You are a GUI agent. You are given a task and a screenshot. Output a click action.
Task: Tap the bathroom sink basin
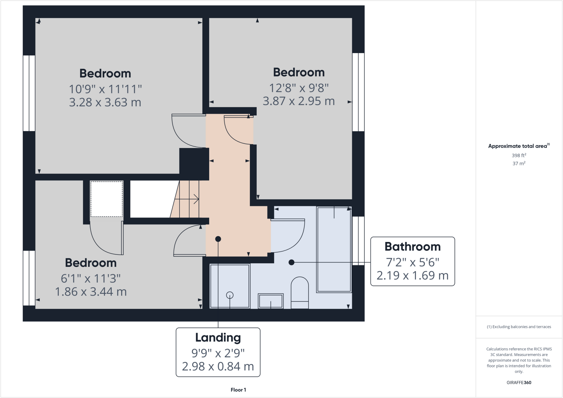pyautogui.click(x=271, y=301)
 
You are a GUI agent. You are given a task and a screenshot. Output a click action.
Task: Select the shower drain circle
pyautogui.click(x=230, y=295)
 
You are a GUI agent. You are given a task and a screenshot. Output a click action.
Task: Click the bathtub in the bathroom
pyautogui.click(x=334, y=249)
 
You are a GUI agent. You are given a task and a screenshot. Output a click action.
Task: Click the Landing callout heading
pyautogui.click(x=218, y=338)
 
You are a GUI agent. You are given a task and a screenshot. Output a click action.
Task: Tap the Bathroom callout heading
pyautogui.click(x=412, y=247)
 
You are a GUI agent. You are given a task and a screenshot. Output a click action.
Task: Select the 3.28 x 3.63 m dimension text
pyautogui.click(x=105, y=102)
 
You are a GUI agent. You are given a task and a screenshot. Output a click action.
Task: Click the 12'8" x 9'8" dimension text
pyautogui.click(x=299, y=88)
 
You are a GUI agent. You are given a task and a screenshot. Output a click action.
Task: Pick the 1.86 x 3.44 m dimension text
pyautogui.click(x=91, y=292)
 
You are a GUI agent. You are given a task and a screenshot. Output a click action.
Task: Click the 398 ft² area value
pyautogui.click(x=519, y=155)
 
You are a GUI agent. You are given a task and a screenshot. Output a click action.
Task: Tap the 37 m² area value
pyautogui.click(x=519, y=163)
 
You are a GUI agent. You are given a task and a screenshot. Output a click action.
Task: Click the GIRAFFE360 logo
pyautogui.click(x=519, y=382)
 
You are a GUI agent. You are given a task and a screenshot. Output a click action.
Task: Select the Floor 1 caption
pyautogui.click(x=238, y=390)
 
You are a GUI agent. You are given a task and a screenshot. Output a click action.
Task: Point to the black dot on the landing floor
pyautogui.click(x=218, y=239)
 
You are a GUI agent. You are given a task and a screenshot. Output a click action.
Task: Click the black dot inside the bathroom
pyautogui.click(x=291, y=263)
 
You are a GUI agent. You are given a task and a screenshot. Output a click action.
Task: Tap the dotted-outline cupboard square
pyautogui.click(x=107, y=199)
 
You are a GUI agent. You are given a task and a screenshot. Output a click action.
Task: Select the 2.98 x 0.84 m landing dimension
pyautogui.click(x=218, y=366)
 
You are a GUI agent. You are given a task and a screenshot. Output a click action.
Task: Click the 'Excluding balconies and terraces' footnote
pyautogui.click(x=519, y=327)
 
